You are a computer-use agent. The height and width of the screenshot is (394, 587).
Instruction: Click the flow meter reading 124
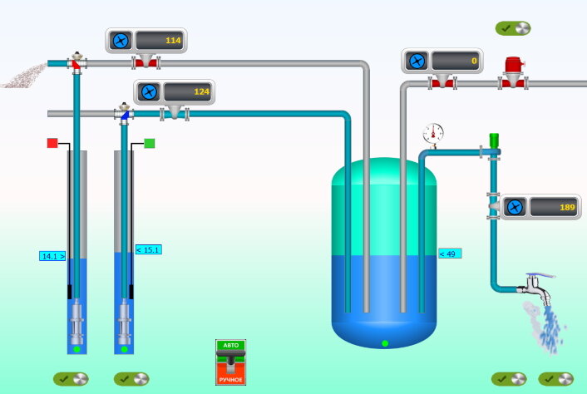188,91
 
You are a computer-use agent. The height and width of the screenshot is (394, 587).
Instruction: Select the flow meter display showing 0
457,61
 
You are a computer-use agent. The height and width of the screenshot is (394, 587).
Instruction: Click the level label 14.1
52,256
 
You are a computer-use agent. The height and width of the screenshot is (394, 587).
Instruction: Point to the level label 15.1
148,249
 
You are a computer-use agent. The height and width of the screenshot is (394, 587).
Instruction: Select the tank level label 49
450,254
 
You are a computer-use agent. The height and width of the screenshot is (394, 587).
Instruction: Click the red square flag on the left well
52,143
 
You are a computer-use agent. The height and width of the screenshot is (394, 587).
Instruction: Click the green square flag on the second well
150,143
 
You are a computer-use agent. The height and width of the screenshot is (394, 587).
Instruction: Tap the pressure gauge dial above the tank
433,132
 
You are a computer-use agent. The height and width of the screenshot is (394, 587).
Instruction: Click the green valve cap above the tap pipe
493,139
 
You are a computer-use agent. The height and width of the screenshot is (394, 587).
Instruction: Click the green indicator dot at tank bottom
384,343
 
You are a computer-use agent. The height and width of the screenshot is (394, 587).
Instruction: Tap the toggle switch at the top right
513,28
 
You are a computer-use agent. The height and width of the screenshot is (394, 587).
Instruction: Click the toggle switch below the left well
71,378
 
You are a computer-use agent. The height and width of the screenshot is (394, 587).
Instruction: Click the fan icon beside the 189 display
515,207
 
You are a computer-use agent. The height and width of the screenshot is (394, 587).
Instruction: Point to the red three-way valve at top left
76,62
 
